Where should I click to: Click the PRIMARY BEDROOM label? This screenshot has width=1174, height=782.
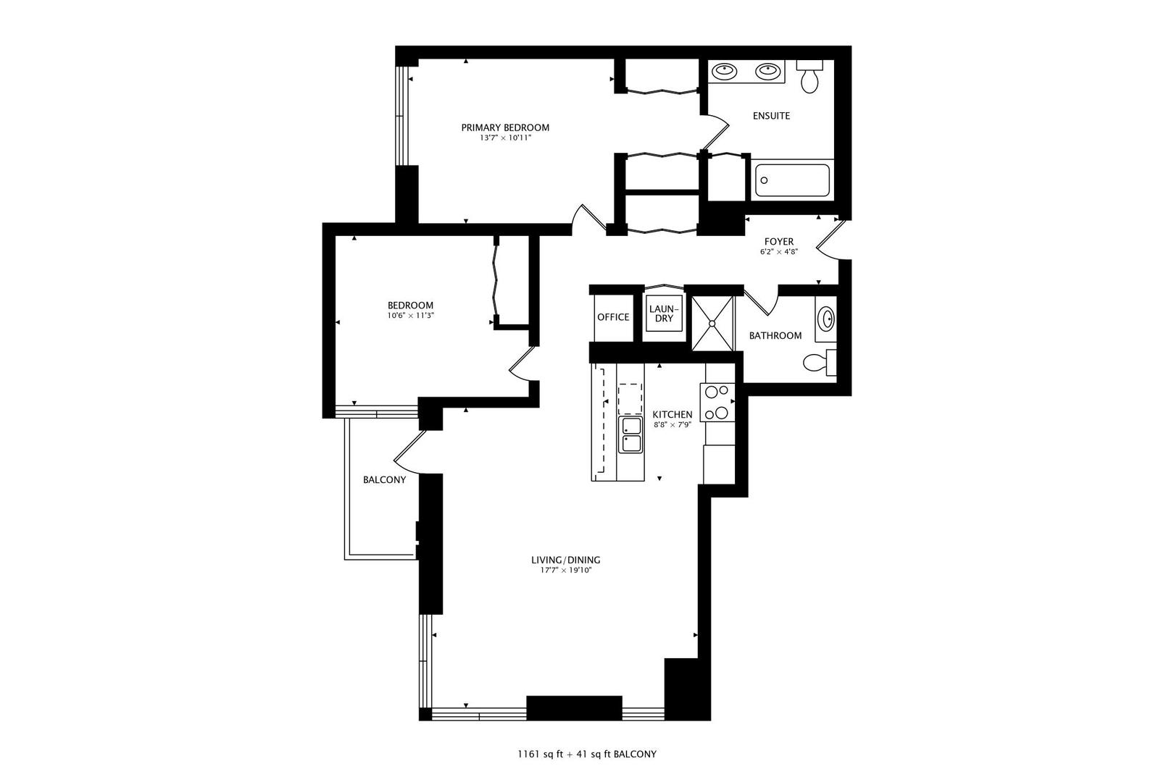(505, 127)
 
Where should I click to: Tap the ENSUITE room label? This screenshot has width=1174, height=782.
(771, 116)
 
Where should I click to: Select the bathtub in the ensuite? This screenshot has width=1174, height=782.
(792, 180)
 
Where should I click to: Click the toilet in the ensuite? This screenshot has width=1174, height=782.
(810, 75)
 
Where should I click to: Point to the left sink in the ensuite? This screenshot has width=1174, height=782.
(723, 71)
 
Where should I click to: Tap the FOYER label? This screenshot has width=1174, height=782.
(779, 242)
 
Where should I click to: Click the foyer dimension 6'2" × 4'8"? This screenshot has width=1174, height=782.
(779, 252)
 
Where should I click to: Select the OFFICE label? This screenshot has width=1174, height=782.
(613, 317)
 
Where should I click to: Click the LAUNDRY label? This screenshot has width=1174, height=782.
(664, 314)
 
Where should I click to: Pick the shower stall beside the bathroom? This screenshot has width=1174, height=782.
(713, 323)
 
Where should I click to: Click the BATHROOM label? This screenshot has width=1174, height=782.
(775, 336)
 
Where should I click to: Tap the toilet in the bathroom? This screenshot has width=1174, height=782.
(819, 362)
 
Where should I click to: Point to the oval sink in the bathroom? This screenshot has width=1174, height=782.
(825, 319)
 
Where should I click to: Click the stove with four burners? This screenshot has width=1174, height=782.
(717, 402)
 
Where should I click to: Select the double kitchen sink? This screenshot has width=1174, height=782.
(630, 434)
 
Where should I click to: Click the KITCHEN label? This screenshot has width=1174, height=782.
(672, 415)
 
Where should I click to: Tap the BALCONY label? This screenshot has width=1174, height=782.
(384, 480)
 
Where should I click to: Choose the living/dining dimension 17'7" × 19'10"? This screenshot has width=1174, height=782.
(565, 570)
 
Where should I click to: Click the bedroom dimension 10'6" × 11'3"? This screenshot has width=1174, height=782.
(410, 316)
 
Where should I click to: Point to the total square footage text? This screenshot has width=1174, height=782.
(587, 754)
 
